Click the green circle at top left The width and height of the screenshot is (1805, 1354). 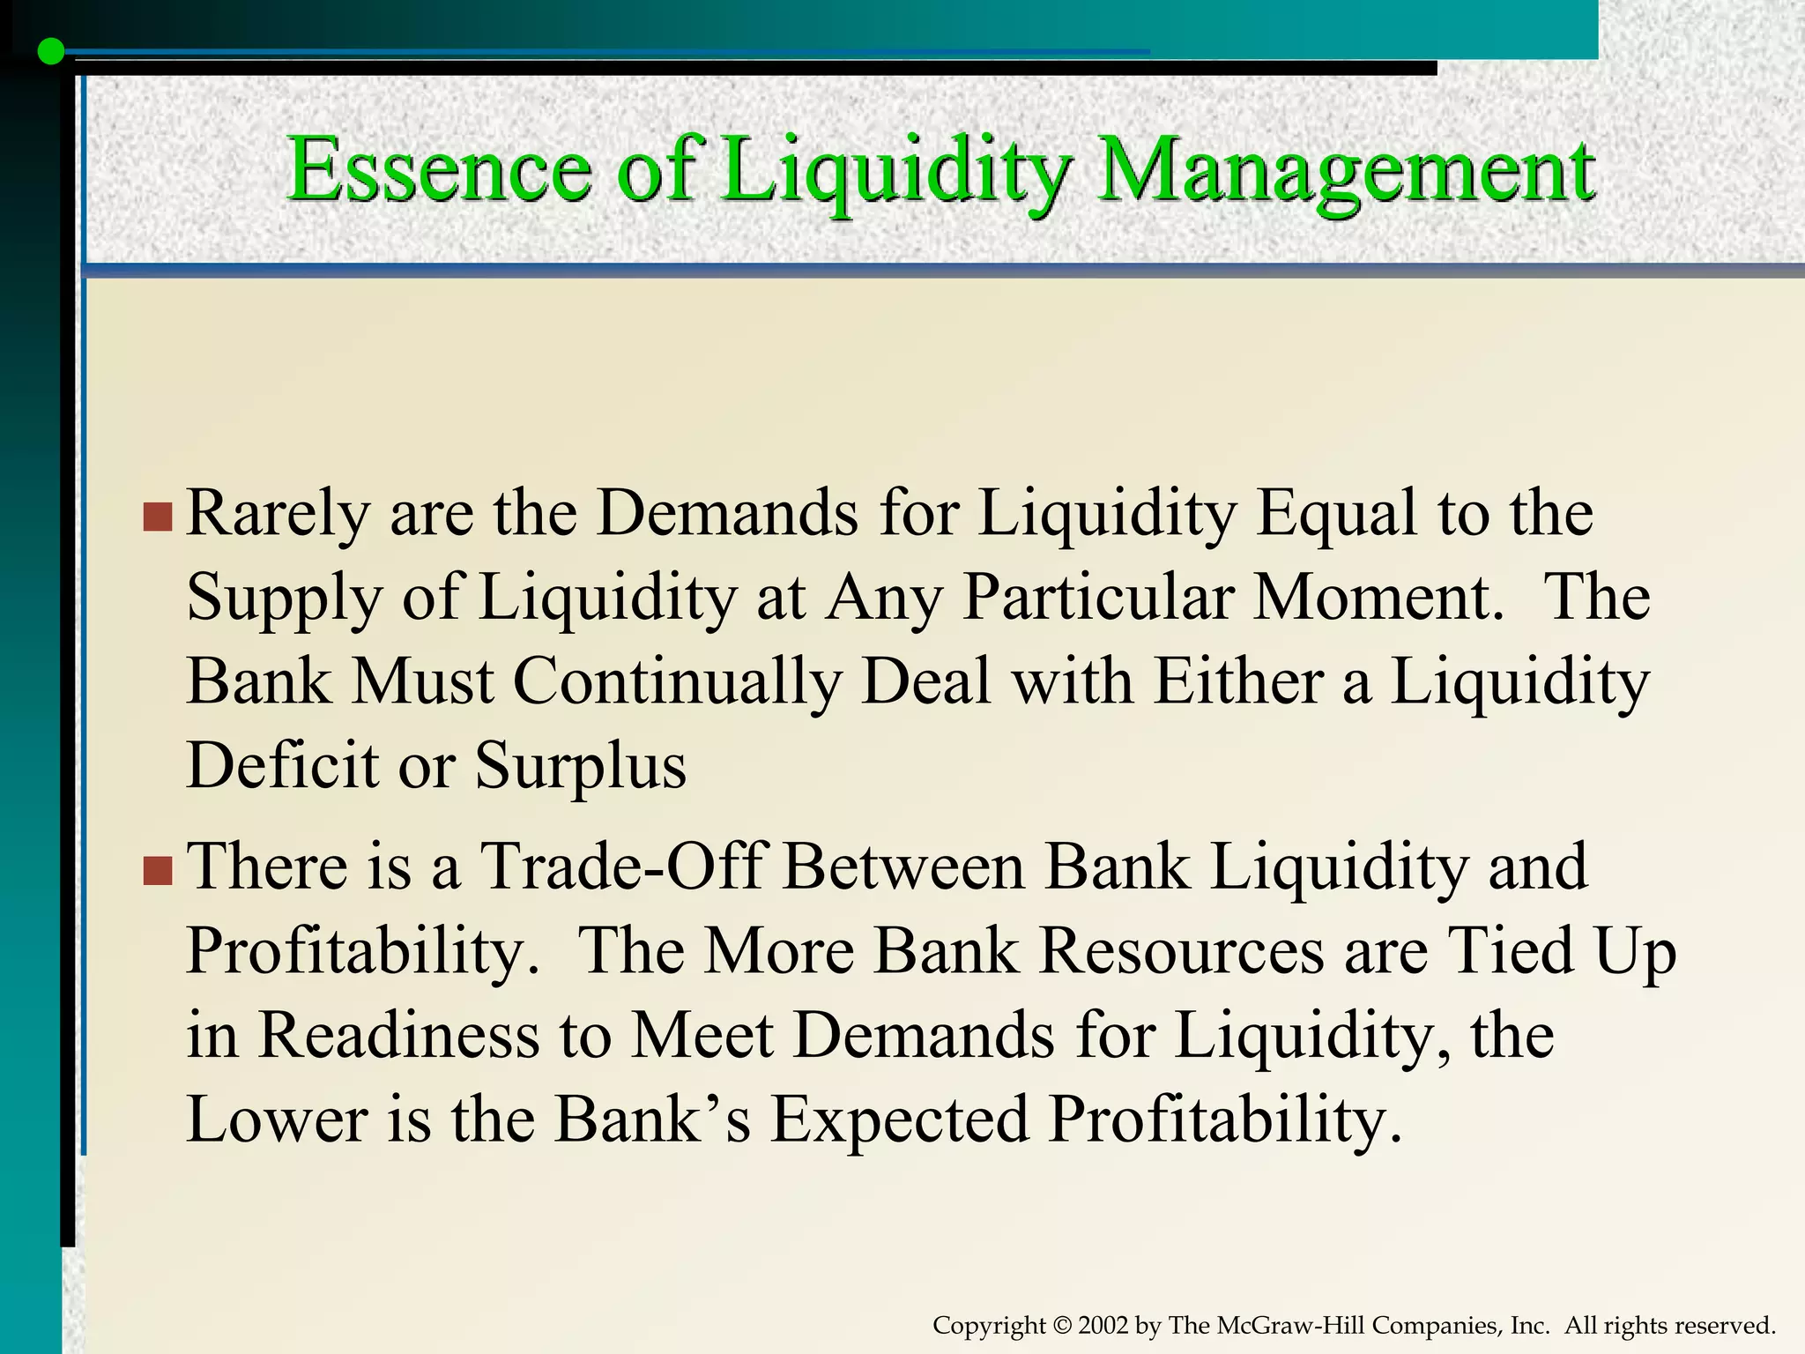(x=52, y=52)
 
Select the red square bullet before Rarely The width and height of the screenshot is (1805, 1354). (x=157, y=517)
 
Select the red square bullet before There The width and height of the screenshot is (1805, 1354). (x=157, y=870)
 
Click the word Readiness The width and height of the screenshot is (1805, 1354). (x=398, y=1035)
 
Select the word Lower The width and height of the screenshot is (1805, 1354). (x=276, y=1120)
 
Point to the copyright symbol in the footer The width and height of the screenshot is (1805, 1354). (x=1061, y=1326)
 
